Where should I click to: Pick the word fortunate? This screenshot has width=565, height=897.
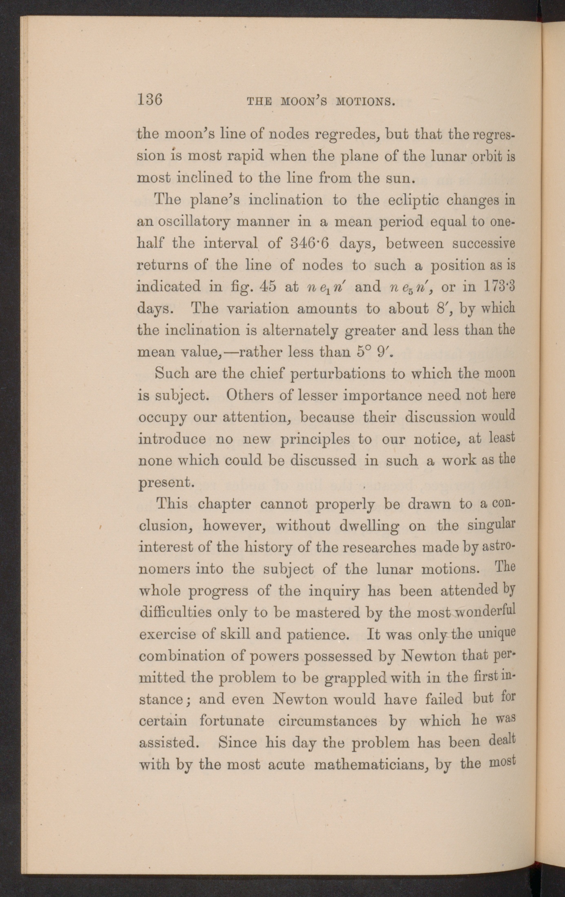pyautogui.click(x=231, y=721)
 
